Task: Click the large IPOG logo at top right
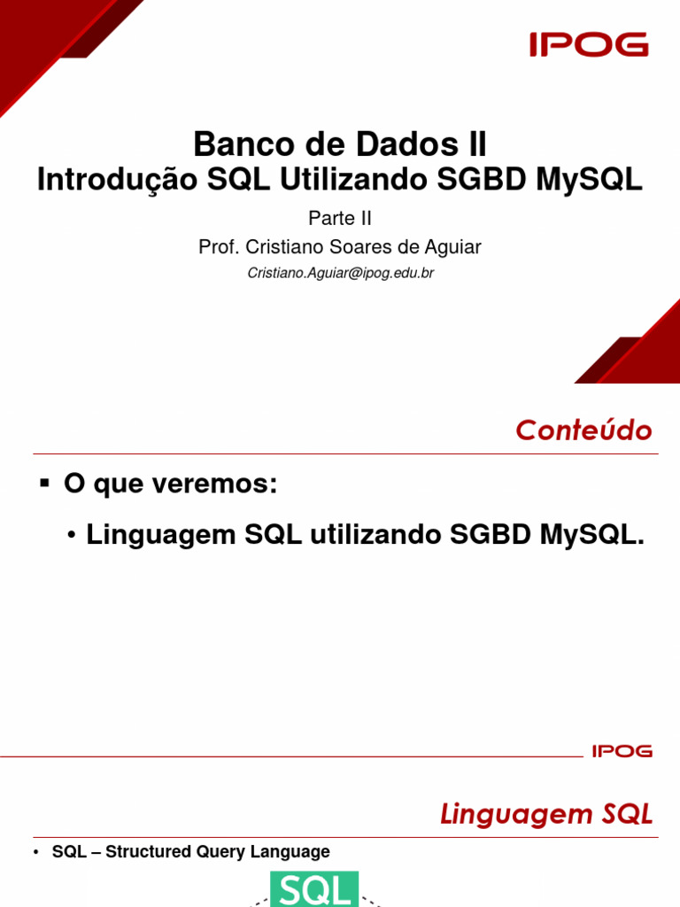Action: tap(589, 44)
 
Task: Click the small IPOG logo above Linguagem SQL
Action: tap(622, 751)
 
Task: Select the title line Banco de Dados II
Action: tap(340, 144)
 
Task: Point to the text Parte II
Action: tap(340, 218)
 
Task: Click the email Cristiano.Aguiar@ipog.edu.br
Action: tap(340, 274)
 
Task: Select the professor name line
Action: tap(340, 247)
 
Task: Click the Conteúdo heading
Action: tap(583, 430)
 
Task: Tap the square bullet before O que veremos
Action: tap(45, 484)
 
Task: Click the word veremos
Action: tap(225, 485)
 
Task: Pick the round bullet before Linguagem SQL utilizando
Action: tap(73, 537)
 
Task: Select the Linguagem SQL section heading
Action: tap(546, 814)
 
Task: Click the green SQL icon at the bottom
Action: tap(314, 889)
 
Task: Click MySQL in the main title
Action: tap(589, 179)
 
